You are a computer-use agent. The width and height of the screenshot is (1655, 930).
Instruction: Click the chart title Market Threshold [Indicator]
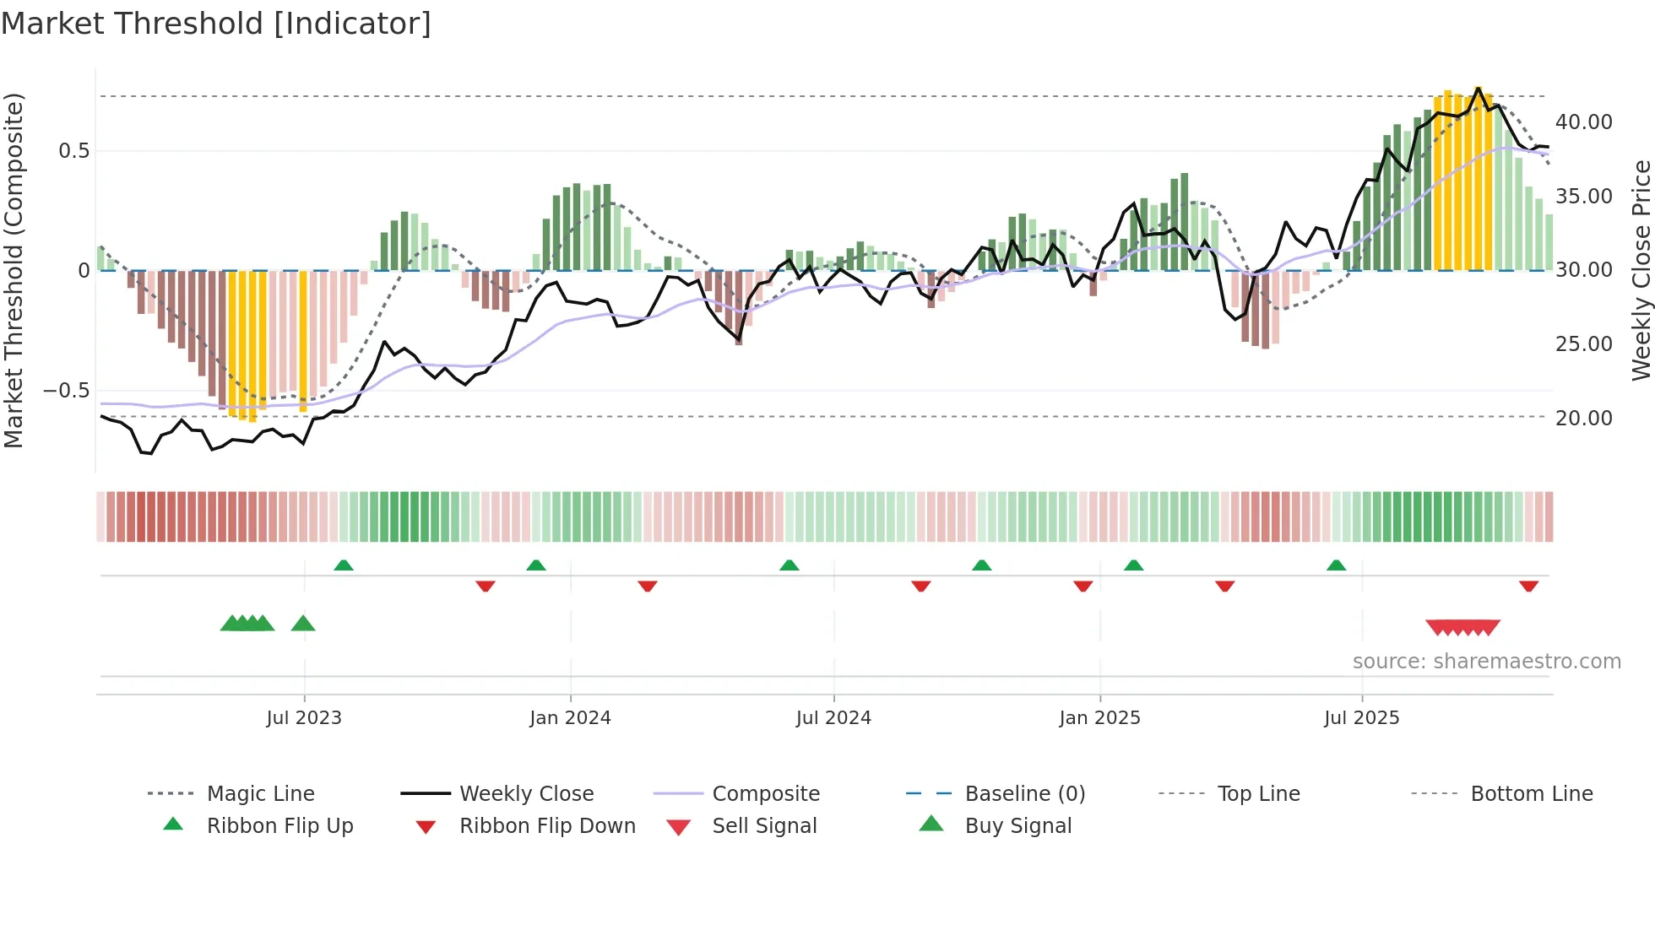216,24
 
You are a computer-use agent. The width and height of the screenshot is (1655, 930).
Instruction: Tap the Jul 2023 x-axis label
304,718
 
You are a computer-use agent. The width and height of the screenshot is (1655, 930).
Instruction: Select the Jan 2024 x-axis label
570,718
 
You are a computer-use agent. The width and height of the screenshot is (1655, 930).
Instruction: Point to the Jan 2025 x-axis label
1099,718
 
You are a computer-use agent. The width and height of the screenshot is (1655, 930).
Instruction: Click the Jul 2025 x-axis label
1361,718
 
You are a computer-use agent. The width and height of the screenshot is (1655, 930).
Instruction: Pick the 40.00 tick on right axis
1583,122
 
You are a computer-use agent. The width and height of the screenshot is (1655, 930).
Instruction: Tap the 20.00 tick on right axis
1583,419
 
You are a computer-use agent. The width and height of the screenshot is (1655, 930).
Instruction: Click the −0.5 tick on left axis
66,391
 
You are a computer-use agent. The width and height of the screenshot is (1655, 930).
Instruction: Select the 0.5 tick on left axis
73,151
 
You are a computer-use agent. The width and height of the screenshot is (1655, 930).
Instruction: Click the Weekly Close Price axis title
1640,270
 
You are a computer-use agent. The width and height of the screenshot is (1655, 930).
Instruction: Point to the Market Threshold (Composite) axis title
14,270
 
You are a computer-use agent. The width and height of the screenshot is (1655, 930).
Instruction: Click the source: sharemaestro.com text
1486,662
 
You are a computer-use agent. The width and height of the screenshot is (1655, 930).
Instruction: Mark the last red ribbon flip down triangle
1528,586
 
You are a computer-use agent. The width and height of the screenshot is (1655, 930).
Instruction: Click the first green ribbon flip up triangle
343,565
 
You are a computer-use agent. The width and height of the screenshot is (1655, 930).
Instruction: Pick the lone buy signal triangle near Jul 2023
303,624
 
